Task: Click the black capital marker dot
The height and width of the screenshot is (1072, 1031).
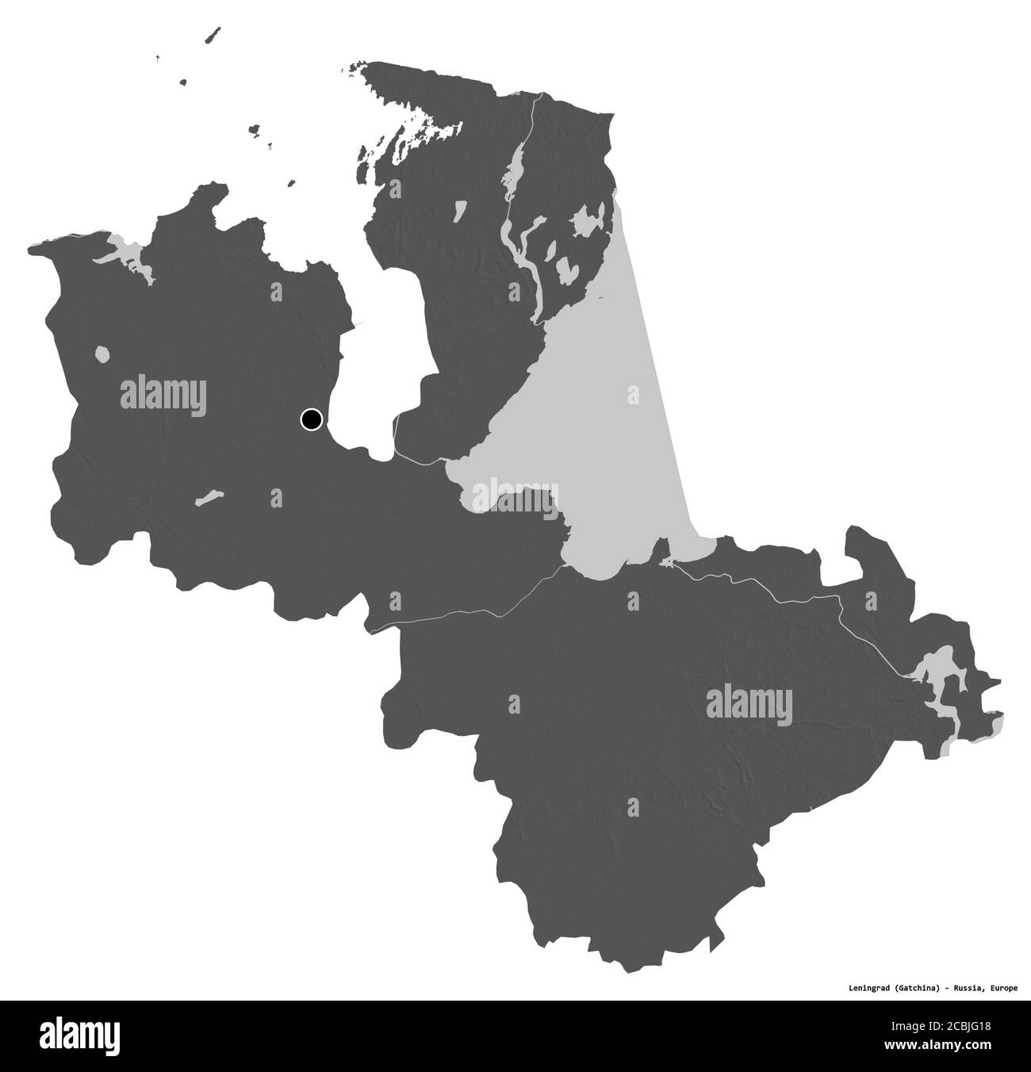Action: (311, 419)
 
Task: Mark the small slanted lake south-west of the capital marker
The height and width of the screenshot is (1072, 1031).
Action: (210, 498)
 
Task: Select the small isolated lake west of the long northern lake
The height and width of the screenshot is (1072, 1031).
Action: (460, 211)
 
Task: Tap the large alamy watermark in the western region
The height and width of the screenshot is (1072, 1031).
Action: (163, 394)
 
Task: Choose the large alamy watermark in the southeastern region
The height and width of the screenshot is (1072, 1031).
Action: (749, 701)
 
